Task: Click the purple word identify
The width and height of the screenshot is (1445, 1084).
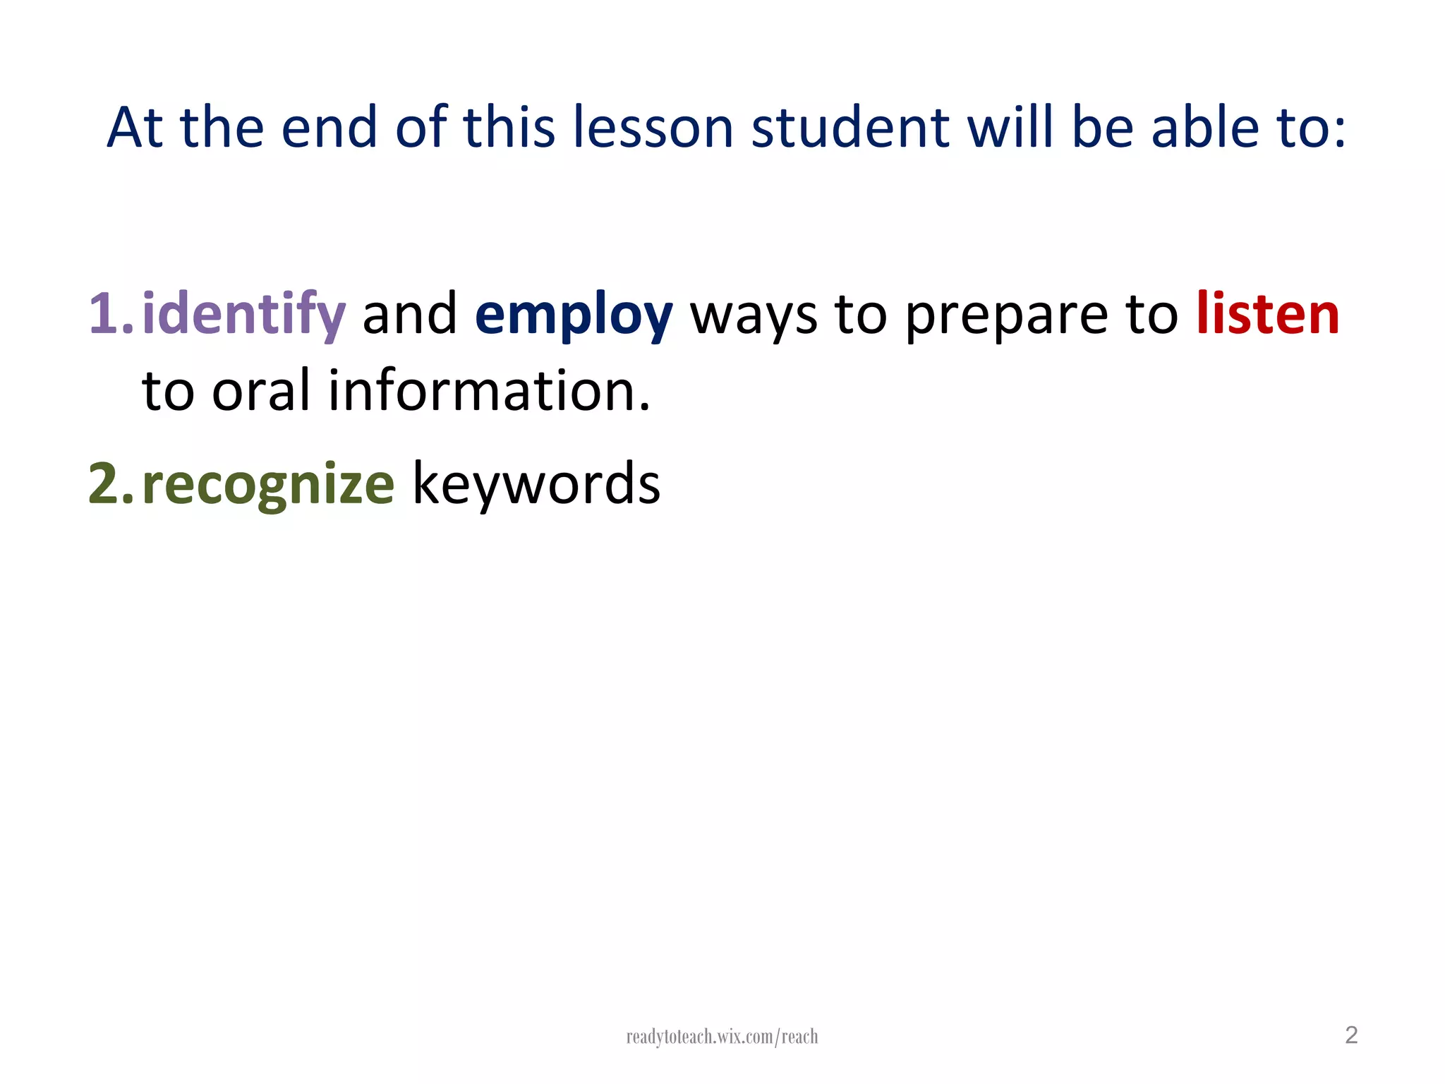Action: (x=243, y=314)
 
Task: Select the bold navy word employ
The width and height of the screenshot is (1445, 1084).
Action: (x=574, y=314)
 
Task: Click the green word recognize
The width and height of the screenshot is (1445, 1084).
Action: (x=268, y=485)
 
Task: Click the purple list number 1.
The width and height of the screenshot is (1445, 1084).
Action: (x=110, y=314)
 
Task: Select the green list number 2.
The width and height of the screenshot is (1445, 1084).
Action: (x=110, y=484)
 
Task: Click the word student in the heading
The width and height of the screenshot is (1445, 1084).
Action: (x=850, y=128)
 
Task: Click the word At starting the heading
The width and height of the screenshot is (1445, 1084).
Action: (x=135, y=128)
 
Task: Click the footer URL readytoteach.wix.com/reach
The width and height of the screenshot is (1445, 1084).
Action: (x=722, y=1037)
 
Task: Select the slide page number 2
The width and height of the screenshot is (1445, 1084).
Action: (x=1351, y=1035)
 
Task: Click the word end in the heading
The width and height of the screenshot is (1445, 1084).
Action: (x=329, y=128)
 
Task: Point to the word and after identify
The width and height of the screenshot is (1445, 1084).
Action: (x=410, y=314)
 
